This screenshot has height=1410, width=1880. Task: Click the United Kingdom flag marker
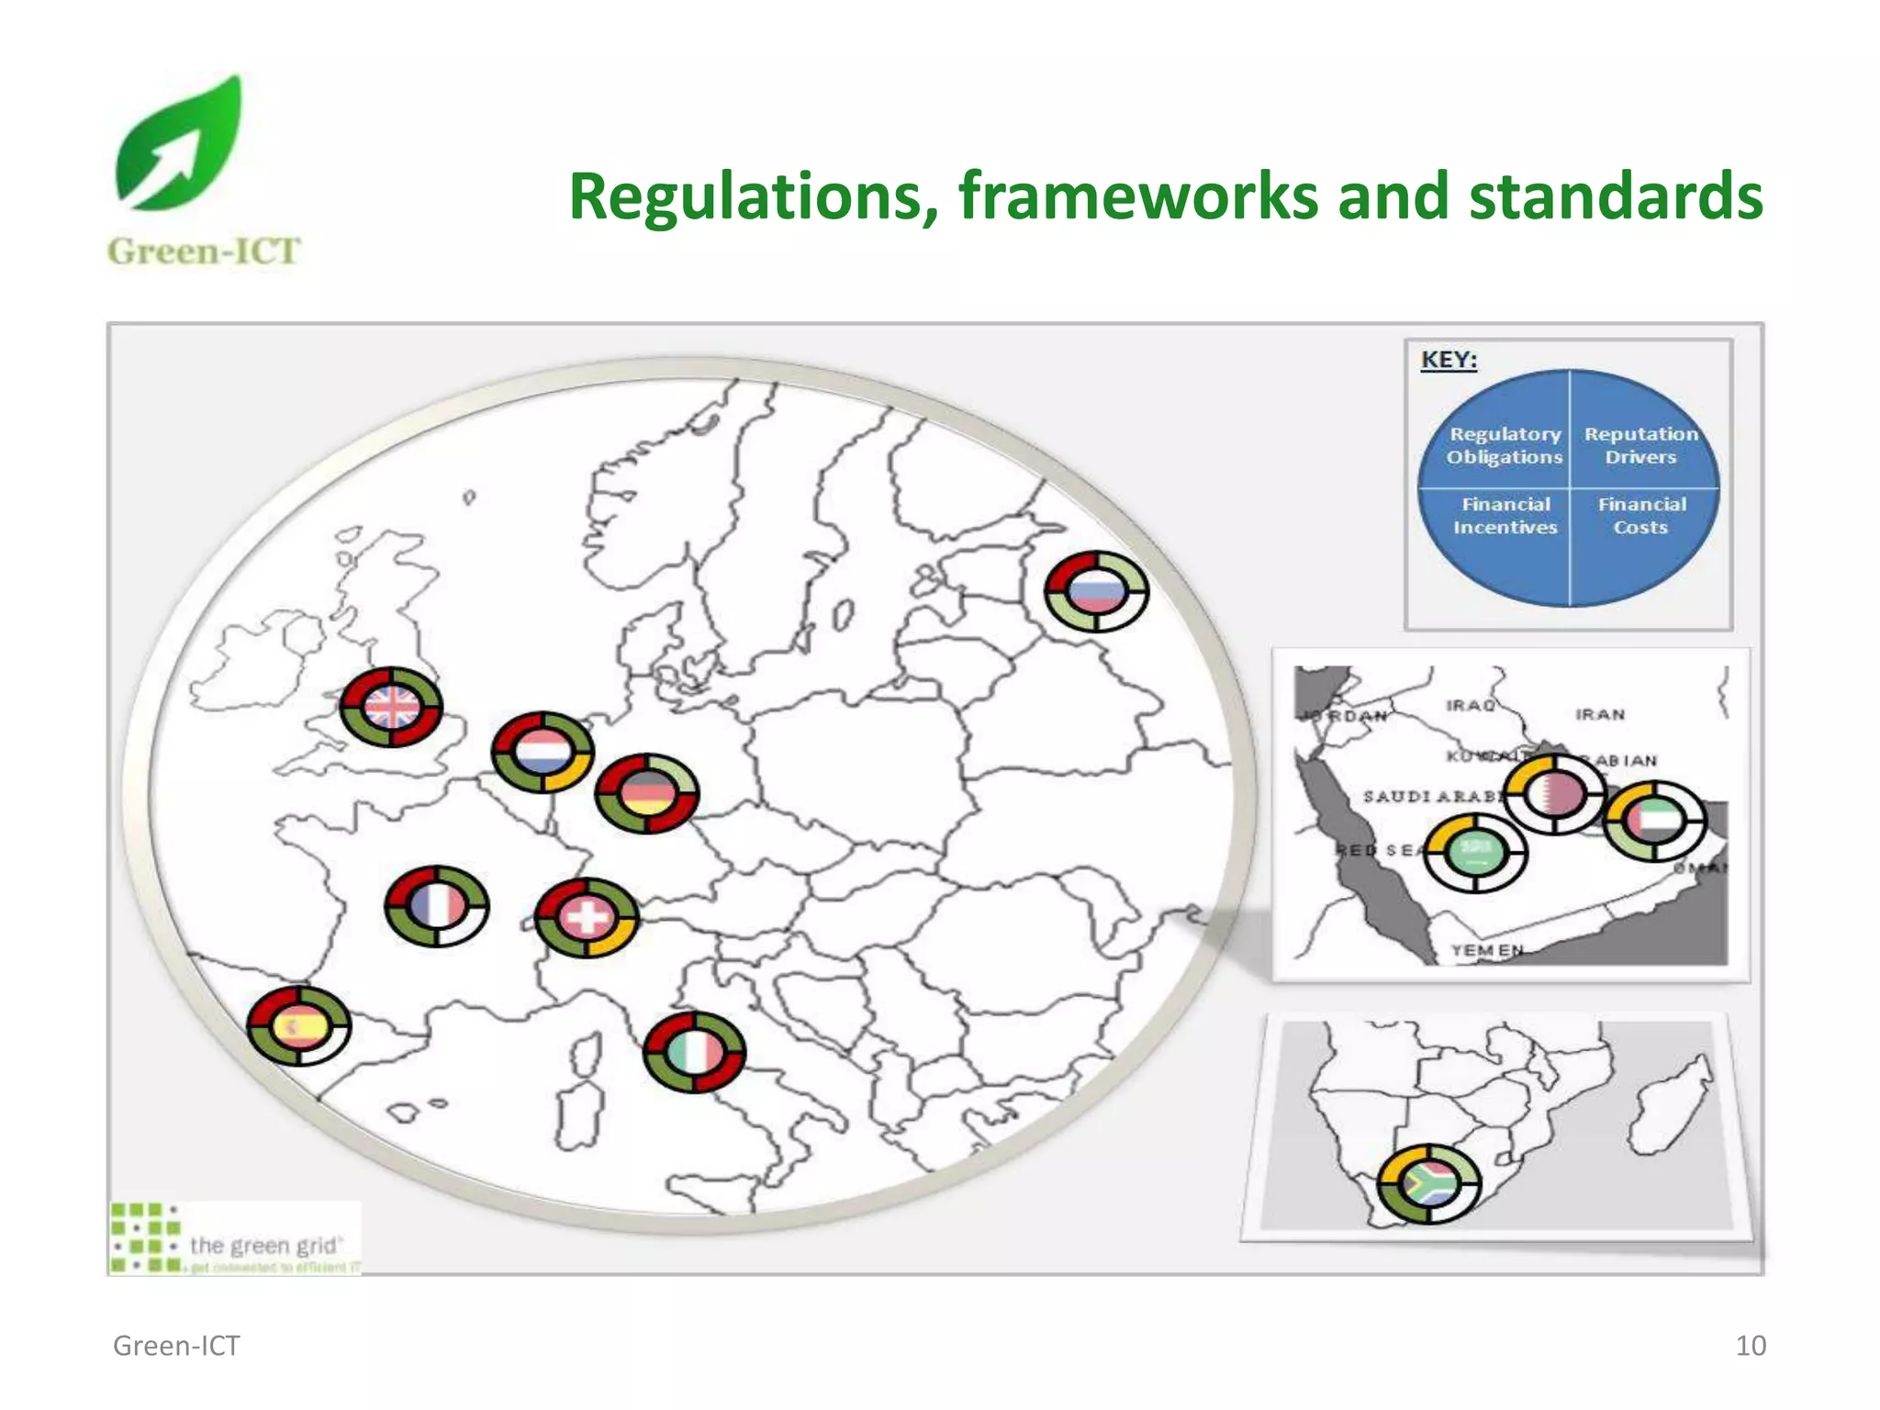pos(391,707)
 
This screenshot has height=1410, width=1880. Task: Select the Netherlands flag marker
pos(543,752)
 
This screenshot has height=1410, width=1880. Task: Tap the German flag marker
pos(647,793)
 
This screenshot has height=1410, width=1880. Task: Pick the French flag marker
pos(437,905)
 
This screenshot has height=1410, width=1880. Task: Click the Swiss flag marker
pos(587,917)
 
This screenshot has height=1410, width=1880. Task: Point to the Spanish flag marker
pos(299,1025)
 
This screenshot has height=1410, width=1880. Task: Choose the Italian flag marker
pos(694,1052)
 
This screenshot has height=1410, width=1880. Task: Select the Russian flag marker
pos(1097,591)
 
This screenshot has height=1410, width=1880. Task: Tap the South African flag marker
pos(1429,1184)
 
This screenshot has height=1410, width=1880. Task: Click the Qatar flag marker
pos(1555,793)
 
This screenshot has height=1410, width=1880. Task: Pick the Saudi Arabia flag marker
pos(1476,852)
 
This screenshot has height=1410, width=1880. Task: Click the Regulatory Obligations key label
pos(1505,445)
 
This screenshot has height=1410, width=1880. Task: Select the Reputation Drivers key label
pos(1640,445)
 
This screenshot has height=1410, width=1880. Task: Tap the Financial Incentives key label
pos(1505,516)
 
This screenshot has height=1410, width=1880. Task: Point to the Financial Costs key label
pos(1641,516)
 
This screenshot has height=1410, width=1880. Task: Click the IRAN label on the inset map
pos(1600,714)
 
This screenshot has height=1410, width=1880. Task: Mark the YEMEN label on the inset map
pos(1487,950)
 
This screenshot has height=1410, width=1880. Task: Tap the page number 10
pos(1751,1346)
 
